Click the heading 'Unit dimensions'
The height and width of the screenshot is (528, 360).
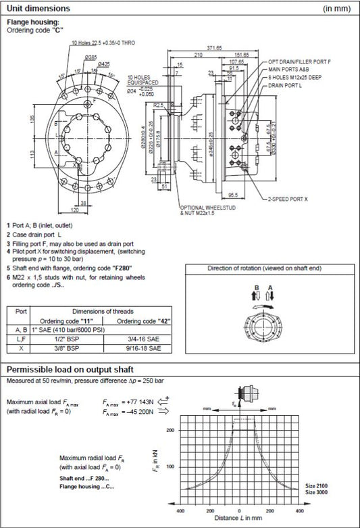click(37, 9)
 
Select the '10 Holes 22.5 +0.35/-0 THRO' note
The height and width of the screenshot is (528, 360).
click(103, 43)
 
